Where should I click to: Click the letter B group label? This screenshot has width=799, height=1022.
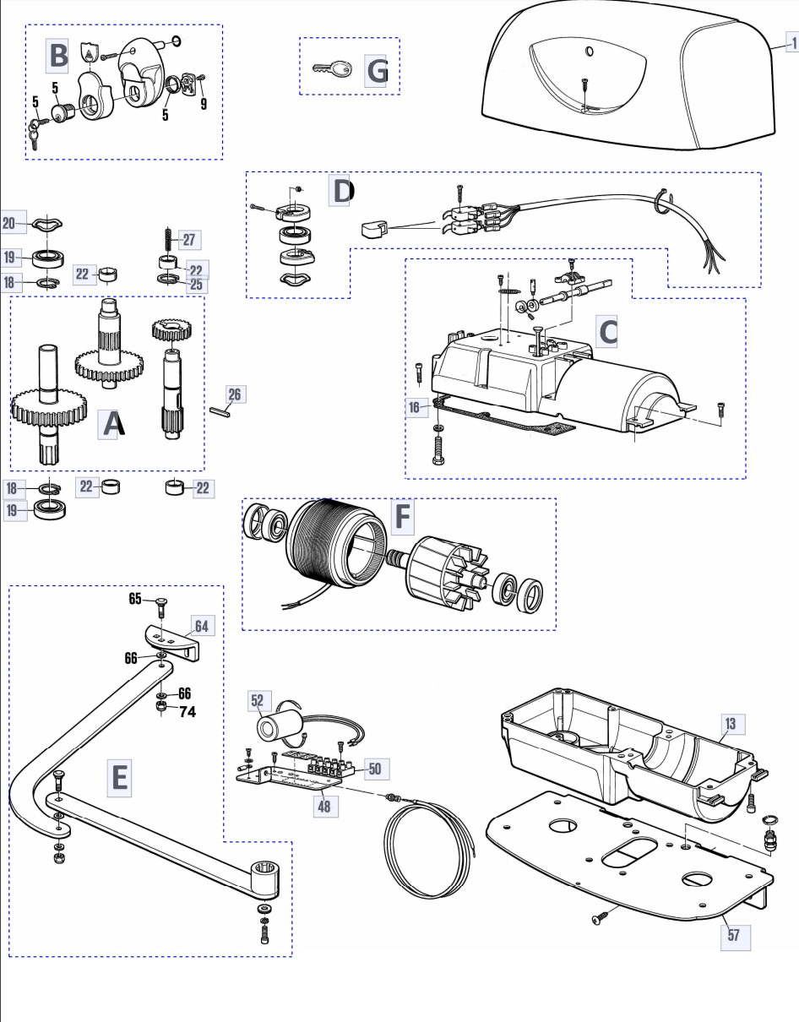coord(57,56)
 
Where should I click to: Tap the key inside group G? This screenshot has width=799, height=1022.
coord(333,69)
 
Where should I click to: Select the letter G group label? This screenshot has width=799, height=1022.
coord(376,71)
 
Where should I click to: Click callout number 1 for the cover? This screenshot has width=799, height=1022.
coord(793,44)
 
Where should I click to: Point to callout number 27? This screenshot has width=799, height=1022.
coord(189,240)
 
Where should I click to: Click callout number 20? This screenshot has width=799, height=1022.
coord(9,223)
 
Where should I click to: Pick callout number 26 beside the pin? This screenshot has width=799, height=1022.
coord(234,394)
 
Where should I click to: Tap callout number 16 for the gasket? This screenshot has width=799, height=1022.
coord(415,407)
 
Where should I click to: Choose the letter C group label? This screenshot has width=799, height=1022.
coord(606,332)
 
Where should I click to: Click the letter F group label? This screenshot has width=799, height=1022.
coord(403,516)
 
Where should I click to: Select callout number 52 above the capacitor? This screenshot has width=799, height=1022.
coord(258,700)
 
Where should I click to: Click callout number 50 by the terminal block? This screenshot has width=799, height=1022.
coord(375,769)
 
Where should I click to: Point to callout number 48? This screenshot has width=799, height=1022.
coord(324,807)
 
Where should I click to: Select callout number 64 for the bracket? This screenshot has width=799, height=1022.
coord(202,626)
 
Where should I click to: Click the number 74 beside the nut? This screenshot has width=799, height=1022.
coord(188,711)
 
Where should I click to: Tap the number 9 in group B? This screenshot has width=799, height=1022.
coord(204,103)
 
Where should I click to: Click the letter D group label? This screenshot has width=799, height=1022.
coord(340,191)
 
